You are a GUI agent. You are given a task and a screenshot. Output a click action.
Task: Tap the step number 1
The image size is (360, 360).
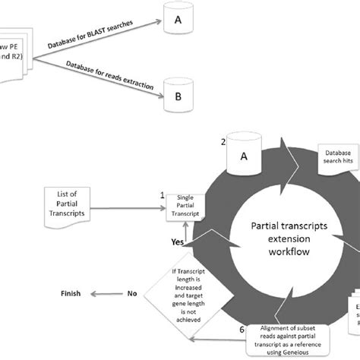coord(163,194)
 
